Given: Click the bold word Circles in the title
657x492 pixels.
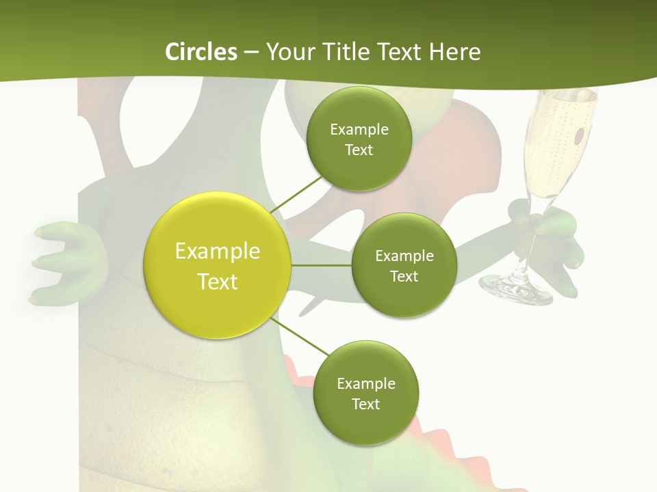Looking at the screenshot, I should click(x=201, y=52).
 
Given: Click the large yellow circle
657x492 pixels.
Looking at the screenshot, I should click(x=218, y=265).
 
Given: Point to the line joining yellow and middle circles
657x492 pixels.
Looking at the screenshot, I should click(x=322, y=265).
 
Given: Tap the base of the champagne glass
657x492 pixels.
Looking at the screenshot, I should click(x=515, y=287).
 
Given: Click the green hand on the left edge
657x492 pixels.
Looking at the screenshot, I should click(x=65, y=263).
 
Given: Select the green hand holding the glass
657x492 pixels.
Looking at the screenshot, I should click(x=558, y=239).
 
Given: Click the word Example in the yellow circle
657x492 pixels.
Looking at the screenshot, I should click(x=218, y=251).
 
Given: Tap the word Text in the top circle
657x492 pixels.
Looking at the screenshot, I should click(x=359, y=150).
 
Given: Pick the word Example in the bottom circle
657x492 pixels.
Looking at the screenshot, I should click(x=365, y=384).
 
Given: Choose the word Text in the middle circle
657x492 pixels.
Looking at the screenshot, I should click(x=404, y=277).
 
